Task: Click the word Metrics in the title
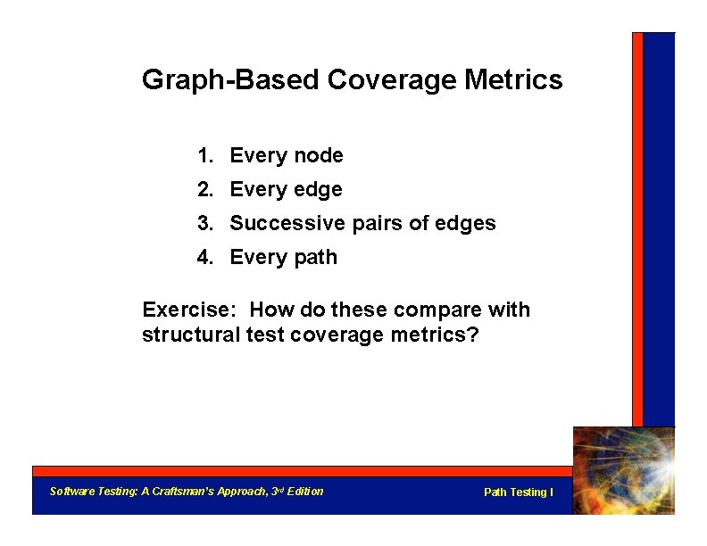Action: [x=513, y=80]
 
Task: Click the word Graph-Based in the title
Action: [x=231, y=80]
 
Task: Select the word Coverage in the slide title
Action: [x=393, y=80]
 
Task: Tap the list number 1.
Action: [x=204, y=156]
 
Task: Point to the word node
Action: [x=319, y=156]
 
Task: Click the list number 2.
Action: [x=204, y=190]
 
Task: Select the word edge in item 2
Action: [x=319, y=190]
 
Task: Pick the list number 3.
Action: [x=204, y=224]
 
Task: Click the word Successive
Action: [x=287, y=224]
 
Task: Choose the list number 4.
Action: [x=204, y=258]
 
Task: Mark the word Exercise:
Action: [x=190, y=310]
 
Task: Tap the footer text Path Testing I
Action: [x=518, y=492]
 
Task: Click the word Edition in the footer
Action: [x=304, y=492]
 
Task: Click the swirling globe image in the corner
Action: [x=623, y=470]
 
